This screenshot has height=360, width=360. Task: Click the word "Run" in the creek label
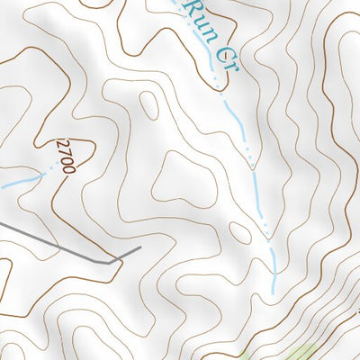click(x=195, y=17)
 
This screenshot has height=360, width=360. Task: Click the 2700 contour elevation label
click(x=65, y=156)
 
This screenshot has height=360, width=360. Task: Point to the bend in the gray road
click(x=115, y=262)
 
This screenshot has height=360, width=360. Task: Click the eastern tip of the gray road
click(x=141, y=246)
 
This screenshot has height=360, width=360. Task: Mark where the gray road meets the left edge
click(x=1, y=220)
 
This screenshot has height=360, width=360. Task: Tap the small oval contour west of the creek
click(x=240, y=232)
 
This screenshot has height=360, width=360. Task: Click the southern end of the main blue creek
click(x=274, y=292)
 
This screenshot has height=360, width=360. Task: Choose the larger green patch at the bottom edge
click(x=301, y=352)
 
